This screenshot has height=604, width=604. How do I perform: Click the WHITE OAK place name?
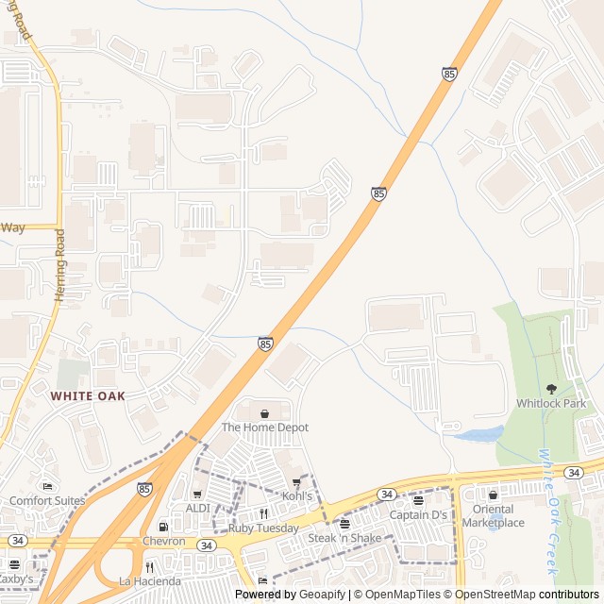tap(88, 396)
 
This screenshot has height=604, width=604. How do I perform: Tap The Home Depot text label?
tap(264, 428)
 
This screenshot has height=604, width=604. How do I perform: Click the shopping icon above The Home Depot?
tap(264, 413)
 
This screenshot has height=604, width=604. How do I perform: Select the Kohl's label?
tap(298, 495)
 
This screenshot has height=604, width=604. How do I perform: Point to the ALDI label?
tap(197, 508)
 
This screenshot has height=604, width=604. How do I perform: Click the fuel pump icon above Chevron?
tap(163, 527)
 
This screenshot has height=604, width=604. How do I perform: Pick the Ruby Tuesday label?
tap(263, 528)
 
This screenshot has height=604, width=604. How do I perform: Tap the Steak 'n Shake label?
tap(344, 538)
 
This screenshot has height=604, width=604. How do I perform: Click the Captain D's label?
tap(418, 515)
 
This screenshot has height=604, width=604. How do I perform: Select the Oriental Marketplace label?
tap(493, 516)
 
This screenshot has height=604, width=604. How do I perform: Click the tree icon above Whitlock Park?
tap(551, 389)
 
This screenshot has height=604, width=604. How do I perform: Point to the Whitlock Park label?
tap(551, 404)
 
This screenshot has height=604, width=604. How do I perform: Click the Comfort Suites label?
tap(47, 501)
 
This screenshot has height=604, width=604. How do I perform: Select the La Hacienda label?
tap(149, 581)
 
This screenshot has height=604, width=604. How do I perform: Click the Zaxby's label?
tap(16, 579)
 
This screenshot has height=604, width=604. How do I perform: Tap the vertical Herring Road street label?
tap(59, 265)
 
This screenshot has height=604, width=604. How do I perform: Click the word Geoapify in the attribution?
tap(322, 595)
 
